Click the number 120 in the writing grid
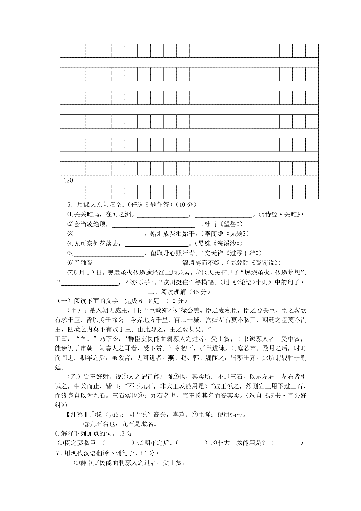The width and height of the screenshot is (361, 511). [x=68, y=181]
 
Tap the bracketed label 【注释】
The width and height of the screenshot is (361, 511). [x=75, y=415]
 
